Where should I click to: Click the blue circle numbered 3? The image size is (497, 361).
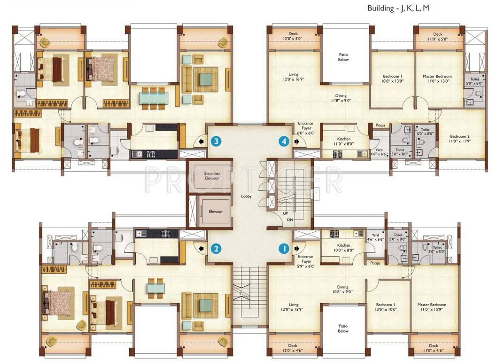coord(216,141)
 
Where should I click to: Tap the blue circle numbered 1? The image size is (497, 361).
coord(283,248)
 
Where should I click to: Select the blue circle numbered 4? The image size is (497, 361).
coord(283,141)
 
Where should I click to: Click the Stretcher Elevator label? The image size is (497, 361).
coord(212,176)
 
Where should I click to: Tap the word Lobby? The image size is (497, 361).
coord(247,196)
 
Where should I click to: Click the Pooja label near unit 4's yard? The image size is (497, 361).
coord(380,126)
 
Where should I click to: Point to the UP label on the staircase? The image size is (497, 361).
coord(285,213)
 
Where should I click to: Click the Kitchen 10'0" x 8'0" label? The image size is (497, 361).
coord(343,248)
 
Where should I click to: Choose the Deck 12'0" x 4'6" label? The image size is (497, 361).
coord(293,348)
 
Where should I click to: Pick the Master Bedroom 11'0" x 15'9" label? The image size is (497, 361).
coord(432,307)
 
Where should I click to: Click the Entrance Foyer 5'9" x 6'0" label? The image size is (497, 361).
coord(306,261)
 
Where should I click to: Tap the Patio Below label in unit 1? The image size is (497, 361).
coord(343,328)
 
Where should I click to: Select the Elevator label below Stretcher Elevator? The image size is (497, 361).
coord(216,212)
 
